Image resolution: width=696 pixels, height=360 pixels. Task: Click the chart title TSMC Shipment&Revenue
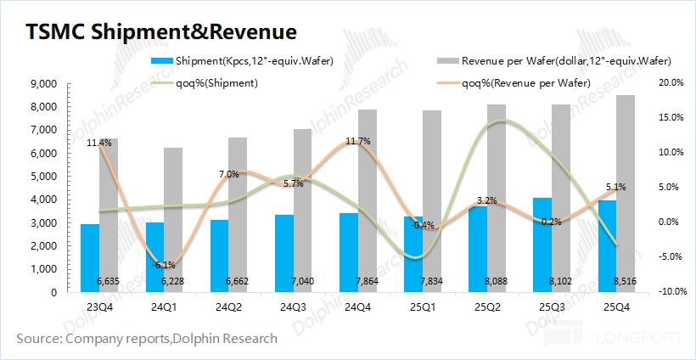(161, 32)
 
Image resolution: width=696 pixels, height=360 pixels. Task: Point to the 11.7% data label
(358, 142)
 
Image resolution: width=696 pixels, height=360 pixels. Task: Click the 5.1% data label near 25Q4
(616, 187)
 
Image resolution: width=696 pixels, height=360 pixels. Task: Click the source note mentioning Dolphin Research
(147, 339)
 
